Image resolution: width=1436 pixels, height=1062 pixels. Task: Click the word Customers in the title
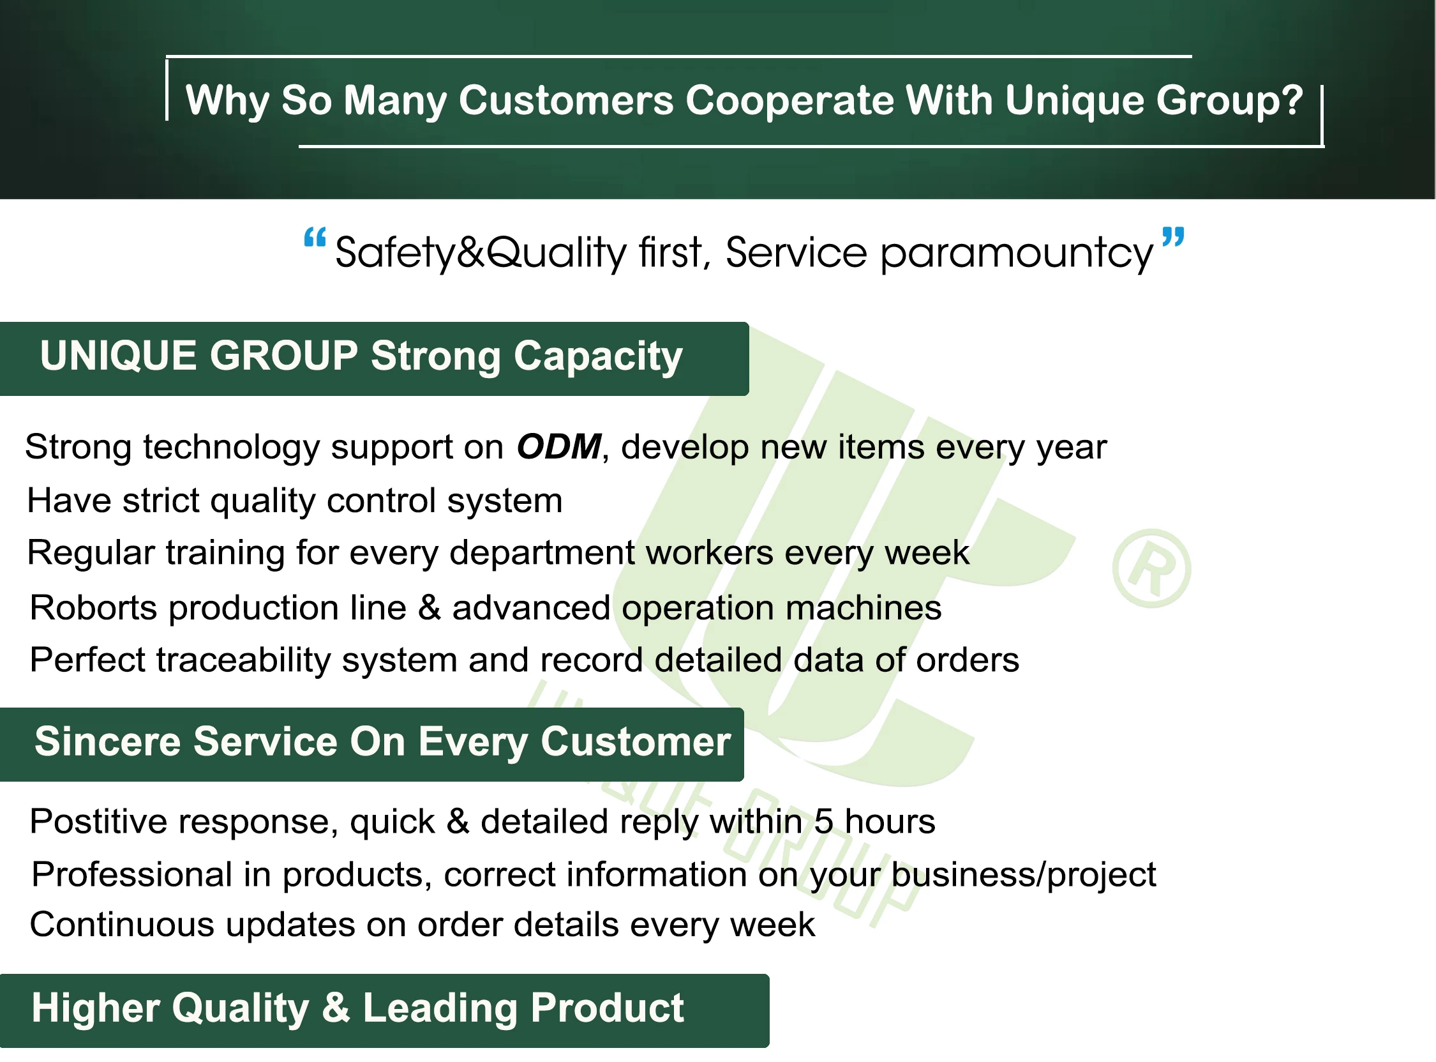click(x=565, y=101)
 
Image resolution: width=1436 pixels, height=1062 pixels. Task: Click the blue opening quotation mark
click(x=315, y=238)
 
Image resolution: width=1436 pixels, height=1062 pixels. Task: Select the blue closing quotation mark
click(x=1173, y=237)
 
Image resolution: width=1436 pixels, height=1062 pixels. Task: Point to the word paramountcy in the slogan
click(x=1017, y=254)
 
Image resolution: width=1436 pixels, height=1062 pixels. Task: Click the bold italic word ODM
click(x=559, y=447)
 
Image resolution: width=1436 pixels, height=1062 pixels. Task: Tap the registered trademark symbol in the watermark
click(x=1151, y=569)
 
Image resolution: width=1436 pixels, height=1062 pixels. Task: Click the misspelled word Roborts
click(x=94, y=608)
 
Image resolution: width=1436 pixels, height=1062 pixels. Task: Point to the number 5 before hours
click(x=824, y=823)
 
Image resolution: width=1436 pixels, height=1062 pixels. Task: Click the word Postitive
click(x=98, y=823)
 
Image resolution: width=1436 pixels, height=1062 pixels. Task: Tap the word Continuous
click(x=122, y=925)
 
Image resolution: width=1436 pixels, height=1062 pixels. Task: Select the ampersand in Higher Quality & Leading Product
click(x=336, y=1008)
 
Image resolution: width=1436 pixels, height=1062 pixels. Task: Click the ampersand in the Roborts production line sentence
click(x=429, y=608)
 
